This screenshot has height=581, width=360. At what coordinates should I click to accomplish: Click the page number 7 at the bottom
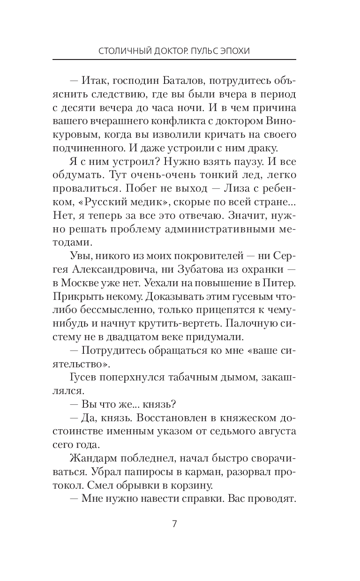click(174, 524)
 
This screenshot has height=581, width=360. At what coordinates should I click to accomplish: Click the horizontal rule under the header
click(174, 60)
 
